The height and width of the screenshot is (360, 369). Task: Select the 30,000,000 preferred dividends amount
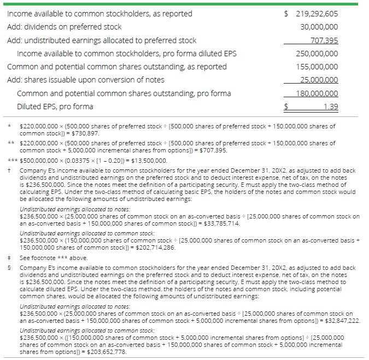click(x=319, y=27)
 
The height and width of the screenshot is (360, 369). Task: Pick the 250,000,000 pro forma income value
click(x=317, y=54)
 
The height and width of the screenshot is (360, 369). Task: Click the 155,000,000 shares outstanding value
click(x=317, y=67)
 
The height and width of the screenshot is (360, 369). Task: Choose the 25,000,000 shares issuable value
click(x=319, y=80)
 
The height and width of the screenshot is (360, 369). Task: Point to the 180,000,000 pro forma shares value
click(x=317, y=93)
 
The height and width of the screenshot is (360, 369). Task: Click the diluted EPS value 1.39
click(x=330, y=107)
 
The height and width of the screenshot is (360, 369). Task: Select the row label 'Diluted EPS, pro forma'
click(x=55, y=107)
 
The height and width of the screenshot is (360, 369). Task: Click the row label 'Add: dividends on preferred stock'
click(x=64, y=27)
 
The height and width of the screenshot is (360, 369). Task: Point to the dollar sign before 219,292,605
click(x=287, y=14)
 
